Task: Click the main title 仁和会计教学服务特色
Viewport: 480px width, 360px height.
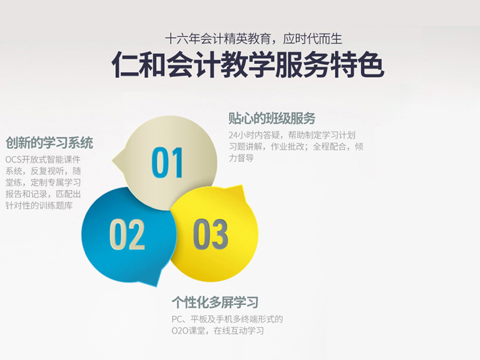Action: [x=248, y=64]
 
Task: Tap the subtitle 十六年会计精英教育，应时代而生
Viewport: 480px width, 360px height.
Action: [x=254, y=39]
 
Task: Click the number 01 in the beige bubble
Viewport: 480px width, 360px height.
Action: [x=167, y=163]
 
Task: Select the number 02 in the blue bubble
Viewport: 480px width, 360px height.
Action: [x=127, y=234]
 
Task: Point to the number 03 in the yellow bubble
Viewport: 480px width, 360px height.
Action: [x=210, y=234]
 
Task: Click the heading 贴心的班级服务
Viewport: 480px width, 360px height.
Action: [x=272, y=118]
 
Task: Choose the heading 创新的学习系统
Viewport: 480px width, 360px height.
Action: [x=49, y=143]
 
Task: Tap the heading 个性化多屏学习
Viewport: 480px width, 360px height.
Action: [x=215, y=303]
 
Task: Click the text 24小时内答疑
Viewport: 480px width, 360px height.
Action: [x=255, y=135]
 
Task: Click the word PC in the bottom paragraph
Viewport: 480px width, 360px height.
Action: [x=177, y=319]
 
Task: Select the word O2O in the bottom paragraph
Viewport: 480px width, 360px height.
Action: [x=179, y=331]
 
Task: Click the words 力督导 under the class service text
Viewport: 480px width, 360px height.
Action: [x=241, y=158]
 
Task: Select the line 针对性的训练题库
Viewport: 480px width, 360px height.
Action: [x=39, y=205]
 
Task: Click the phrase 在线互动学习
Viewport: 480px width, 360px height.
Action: [x=238, y=331]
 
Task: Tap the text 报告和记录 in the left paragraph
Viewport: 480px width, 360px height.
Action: [x=26, y=194]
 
